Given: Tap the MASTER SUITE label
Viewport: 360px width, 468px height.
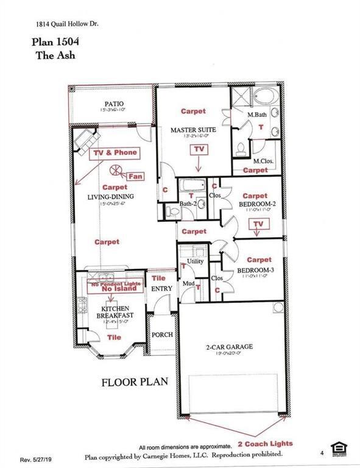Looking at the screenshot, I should coord(192,130).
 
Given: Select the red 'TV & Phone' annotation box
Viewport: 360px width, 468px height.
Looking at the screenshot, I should coord(115,152).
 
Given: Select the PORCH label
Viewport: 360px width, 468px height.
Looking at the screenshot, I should coord(162,335).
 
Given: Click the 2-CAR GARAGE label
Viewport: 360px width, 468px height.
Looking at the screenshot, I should coord(229,347).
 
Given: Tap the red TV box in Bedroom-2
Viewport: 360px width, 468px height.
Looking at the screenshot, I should coord(260,224).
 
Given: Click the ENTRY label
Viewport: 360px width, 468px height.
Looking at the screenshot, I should coord(161,288).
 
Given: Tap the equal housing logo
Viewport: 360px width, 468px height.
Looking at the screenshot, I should coord(336,448).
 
